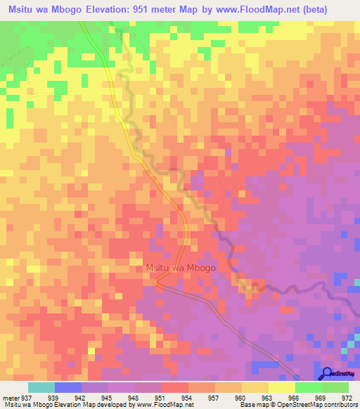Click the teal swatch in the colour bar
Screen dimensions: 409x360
tap(41, 387)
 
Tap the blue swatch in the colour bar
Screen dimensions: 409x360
tap(68, 387)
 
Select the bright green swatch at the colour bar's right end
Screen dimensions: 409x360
tap(335, 387)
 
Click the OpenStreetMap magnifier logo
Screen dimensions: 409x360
tap(327, 372)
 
